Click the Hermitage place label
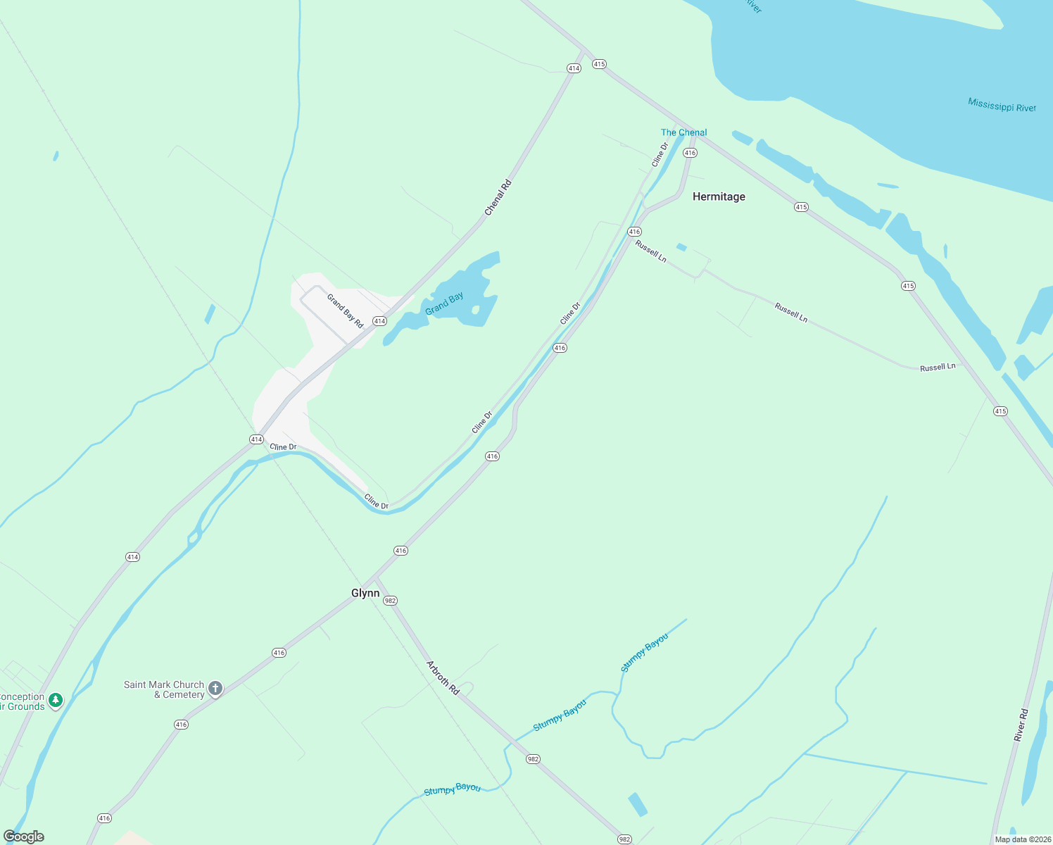point(719,196)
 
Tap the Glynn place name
point(365,593)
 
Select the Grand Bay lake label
point(444,303)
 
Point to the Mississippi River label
point(1002,106)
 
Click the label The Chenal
point(683,132)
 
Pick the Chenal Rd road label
point(498,198)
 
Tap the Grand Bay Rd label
point(345,311)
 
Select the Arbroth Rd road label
point(443,678)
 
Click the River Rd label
point(1021,725)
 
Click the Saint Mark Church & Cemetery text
point(164,689)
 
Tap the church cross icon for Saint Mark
point(215,688)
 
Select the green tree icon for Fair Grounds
point(56,700)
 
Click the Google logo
point(24,837)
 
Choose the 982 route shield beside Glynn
point(391,601)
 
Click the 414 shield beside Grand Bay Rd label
point(379,321)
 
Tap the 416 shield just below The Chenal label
point(690,153)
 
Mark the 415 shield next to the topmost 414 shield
point(599,64)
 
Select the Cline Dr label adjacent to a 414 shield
point(283,447)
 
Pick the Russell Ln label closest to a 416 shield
point(651,251)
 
